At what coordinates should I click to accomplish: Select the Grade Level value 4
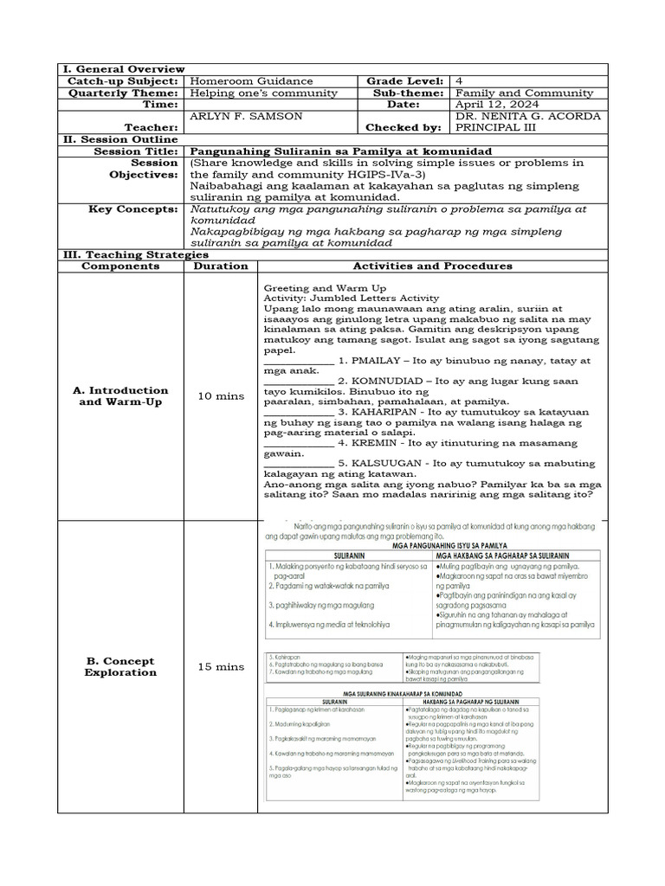[458, 80]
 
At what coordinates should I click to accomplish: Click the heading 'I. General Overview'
[121, 68]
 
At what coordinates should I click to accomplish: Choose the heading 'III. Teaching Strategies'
[133, 254]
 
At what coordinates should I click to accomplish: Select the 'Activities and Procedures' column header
[432, 266]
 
